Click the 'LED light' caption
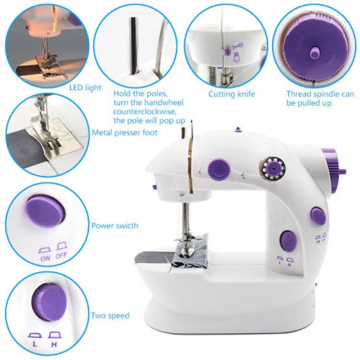[x=85, y=87]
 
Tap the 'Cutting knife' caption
[x=231, y=94]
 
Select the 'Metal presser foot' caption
[x=124, y=132]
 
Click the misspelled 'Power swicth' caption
[x=115, y=225]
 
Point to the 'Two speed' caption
[x=110, y=315]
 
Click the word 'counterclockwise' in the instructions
[x=144, y=111]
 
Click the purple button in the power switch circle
[x=45, y=211]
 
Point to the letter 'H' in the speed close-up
[x=54, y=344]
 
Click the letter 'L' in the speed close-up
[x=34, y=344]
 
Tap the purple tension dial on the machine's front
[x=219, y=169]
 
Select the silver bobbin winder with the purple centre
[x=272, y=169]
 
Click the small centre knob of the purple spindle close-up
[x=314, y=53]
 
